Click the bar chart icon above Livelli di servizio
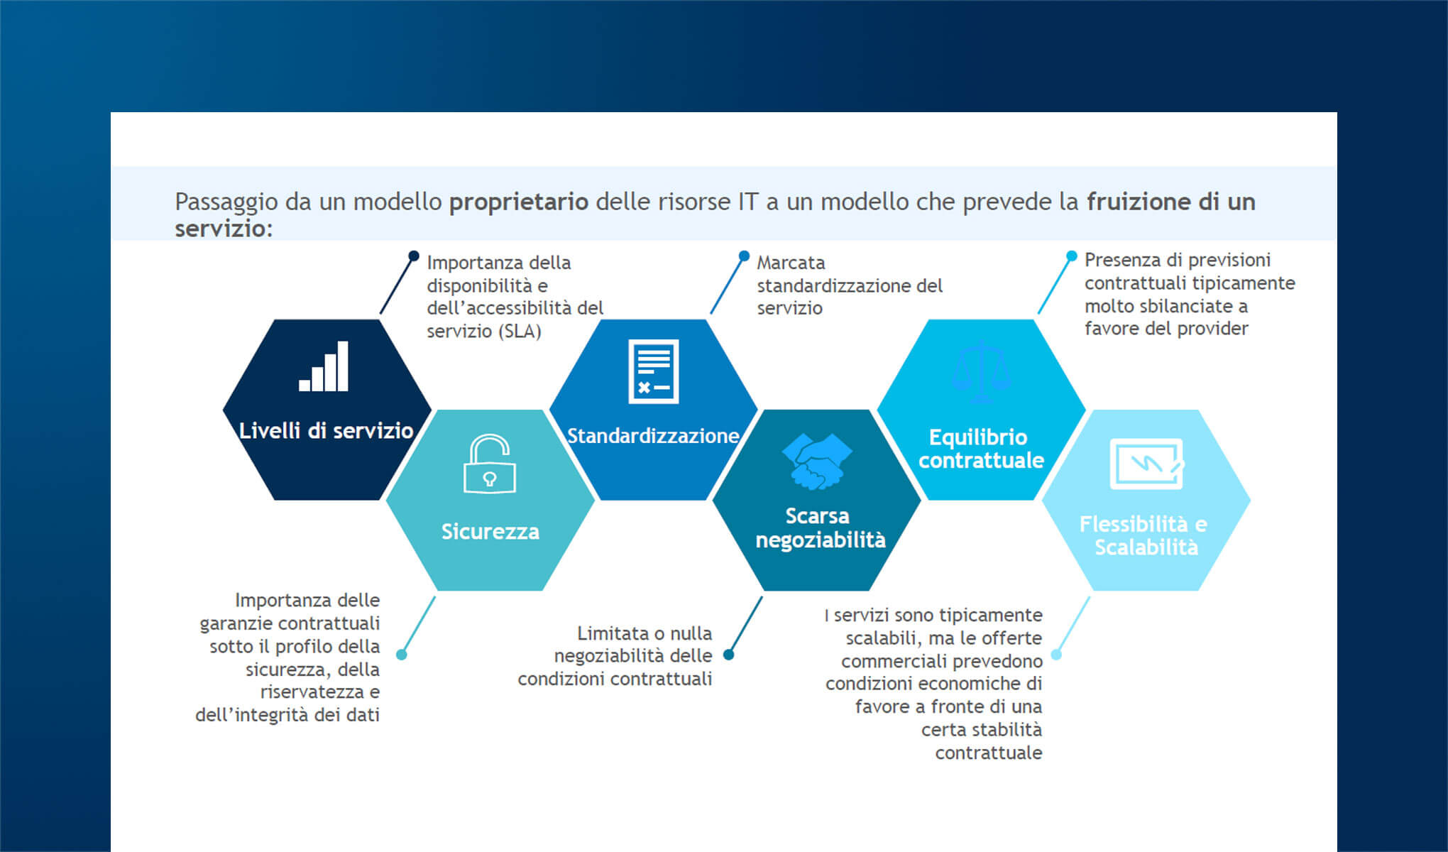click(324, 366)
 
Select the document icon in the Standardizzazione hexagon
click(653, 371)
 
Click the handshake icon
click(817, 461)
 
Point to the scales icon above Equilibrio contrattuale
click(981, 373)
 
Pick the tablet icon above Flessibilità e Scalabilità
click(1146, 464)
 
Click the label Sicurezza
click(490, 531)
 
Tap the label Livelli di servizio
click(326, 430)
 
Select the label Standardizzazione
click(653, 435)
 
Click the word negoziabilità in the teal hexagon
click(820, 540)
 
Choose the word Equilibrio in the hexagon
click(978, 437)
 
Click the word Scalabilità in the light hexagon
click(1146, 547)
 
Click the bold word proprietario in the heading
click(519, 202)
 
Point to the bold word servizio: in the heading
click(224, 229)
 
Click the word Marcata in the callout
click(791, 263)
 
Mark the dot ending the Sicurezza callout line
click(402, 655)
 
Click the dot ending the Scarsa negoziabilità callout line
click(728, 655)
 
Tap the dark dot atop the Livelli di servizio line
click(414, 256)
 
